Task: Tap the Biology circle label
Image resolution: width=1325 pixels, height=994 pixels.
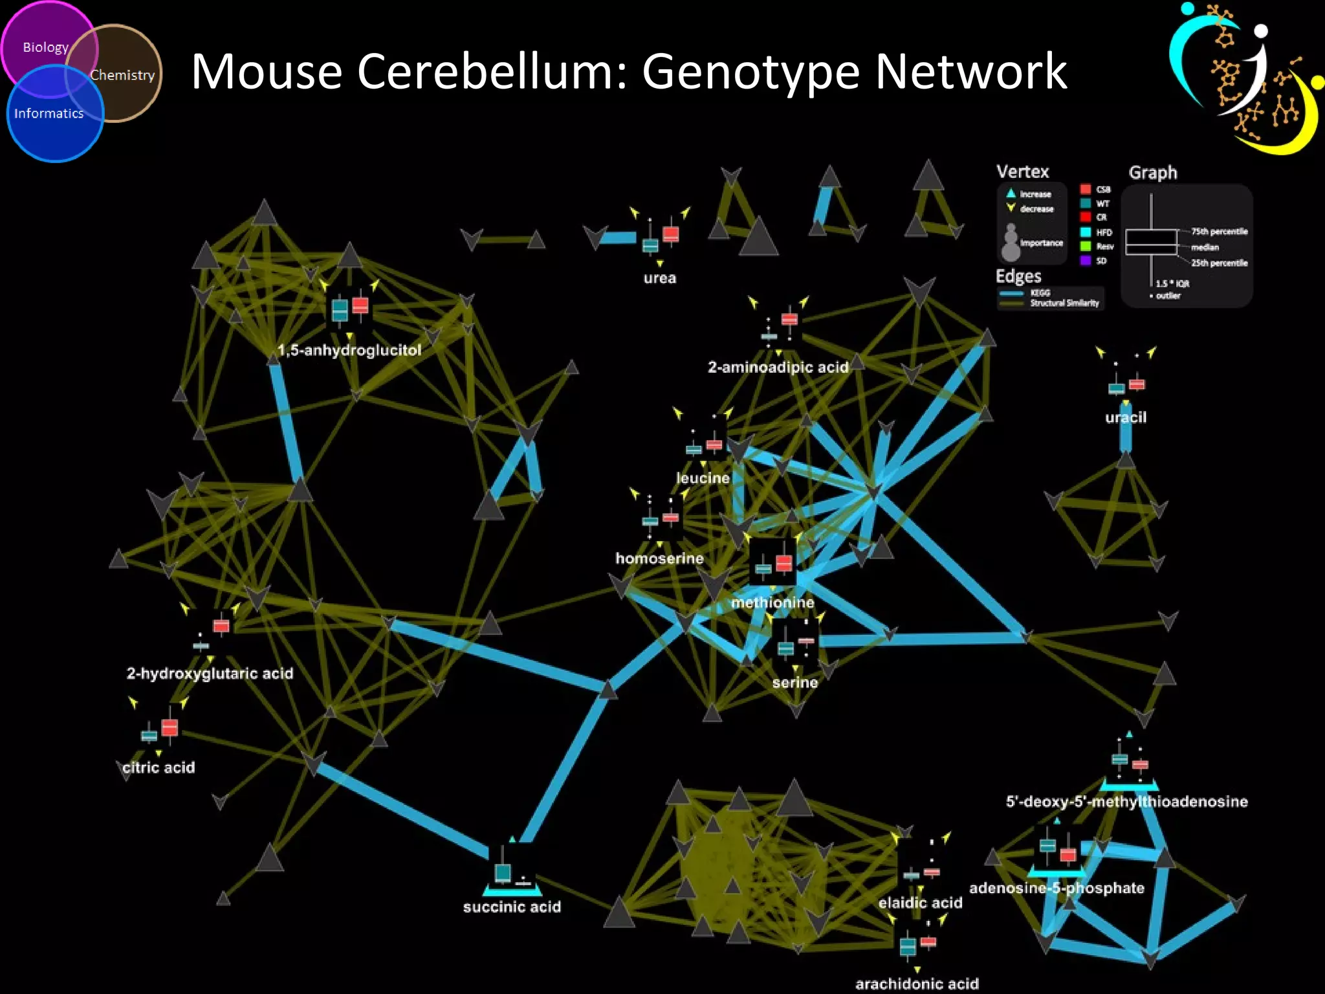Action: (x=45, y=47)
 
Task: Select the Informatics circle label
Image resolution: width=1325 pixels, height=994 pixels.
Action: (x=49, y=113)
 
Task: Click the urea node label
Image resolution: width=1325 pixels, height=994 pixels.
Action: (x=659, y=278)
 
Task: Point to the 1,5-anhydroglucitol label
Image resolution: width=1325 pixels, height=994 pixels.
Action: (x=349, y=350)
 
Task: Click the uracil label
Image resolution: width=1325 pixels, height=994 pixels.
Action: (x=1126, y=417)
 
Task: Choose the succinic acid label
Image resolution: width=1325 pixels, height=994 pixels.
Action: (x=512, y=907)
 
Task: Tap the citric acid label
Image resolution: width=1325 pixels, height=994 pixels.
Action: (x=159, y=768)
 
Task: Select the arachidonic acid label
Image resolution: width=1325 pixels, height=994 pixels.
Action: (x=917, y=984)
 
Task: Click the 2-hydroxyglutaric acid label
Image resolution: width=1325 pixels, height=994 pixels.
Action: (x=210, y=674)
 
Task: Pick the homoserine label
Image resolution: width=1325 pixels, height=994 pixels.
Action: (x=659, y=558)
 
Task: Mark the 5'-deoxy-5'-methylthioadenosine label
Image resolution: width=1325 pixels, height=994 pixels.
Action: (x=1126, y=802)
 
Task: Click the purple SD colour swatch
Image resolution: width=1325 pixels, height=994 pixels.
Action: (x=1086, y=261)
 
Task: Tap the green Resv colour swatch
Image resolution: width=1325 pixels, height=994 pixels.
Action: (x=1086, y=247)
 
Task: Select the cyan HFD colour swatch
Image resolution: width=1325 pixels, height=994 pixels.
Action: (x=1086, y=232)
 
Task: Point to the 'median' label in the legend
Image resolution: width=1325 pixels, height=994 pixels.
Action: (x=1205, y=247)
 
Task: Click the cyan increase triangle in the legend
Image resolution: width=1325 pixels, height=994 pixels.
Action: (x=1011, y=193)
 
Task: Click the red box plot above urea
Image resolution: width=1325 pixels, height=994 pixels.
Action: (x=671, y=234)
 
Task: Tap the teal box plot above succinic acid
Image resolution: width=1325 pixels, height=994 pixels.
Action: (x=503, y=872)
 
